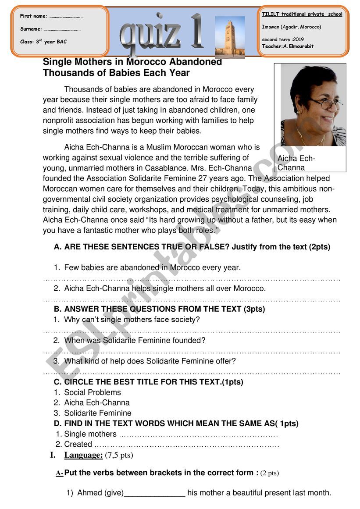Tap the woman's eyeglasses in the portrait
point(325,103)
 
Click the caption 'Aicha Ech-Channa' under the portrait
point(296,163)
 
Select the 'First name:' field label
point(34,16)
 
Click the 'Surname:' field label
point(31,29)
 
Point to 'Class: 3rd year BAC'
point(43,42)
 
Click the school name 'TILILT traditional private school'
point(302,14)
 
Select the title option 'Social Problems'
point(93,392)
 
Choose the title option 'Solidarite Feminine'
point(98,413)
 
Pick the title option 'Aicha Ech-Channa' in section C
point(97,402)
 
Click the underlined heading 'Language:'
point(83,455)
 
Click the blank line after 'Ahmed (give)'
point(155,493)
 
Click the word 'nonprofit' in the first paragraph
point(59,120)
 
